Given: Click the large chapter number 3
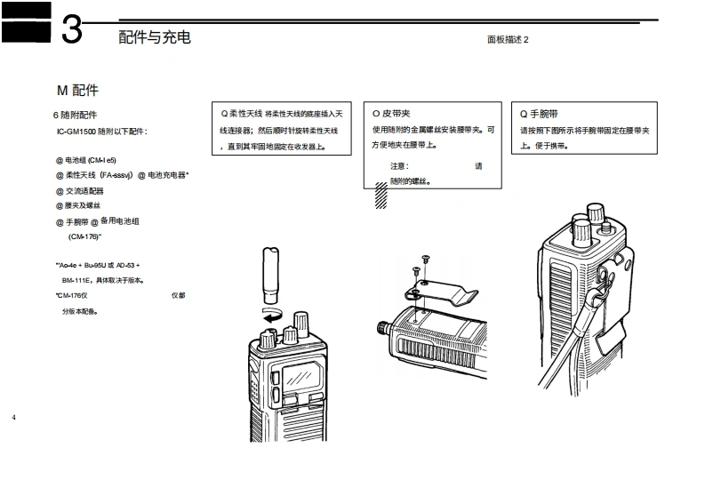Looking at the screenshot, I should point(72,29).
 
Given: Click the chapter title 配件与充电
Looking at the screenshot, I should point(154,37).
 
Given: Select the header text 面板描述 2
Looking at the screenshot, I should point(508,40).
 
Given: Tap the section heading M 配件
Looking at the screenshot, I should point(77,91).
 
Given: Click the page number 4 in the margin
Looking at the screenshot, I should point(14,417).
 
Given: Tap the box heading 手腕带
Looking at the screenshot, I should point(544,115).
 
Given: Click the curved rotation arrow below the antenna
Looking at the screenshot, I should point(273,315).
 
